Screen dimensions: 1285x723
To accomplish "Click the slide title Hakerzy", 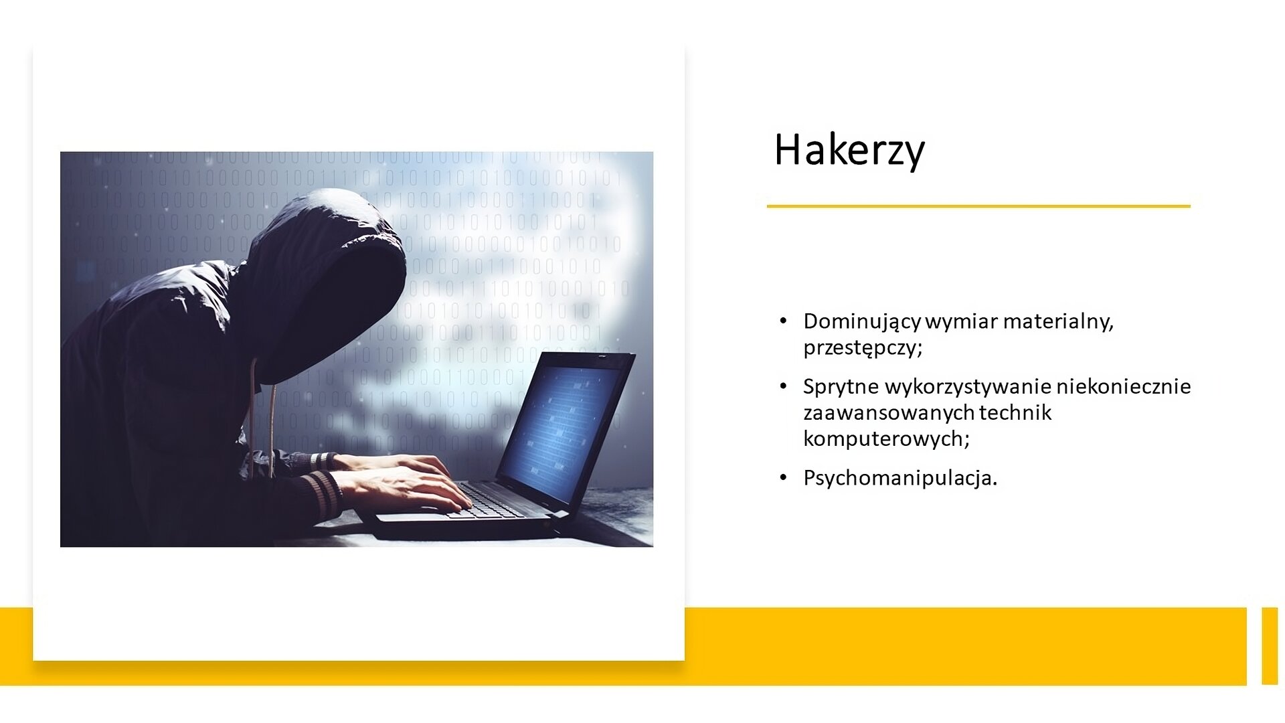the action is point(849,150).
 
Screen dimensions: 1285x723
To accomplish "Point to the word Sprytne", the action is point(841,387).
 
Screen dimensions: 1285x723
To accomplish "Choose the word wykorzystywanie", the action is point(968,387).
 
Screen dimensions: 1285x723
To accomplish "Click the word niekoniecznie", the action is point(1124,386).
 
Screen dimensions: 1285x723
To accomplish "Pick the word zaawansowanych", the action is point(888,413).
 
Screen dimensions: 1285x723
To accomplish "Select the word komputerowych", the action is point(886,438).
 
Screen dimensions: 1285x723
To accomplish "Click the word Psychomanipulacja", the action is point(900,478).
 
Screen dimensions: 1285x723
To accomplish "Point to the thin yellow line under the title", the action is point(978,206).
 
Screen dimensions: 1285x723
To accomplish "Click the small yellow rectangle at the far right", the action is point(1270,646).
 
